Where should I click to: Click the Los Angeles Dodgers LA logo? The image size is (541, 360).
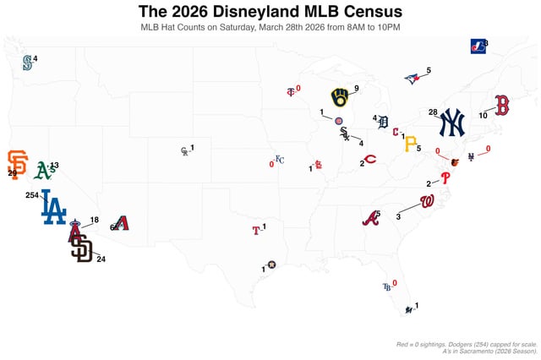pos(53,207)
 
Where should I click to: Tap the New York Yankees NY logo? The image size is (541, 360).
pos(451,123)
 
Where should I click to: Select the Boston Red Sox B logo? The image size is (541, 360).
pos(501,106)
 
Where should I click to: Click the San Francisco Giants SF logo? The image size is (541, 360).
pos(17,164)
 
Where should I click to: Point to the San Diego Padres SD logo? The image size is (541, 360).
pos(81,248)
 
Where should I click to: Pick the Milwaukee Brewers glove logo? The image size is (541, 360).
pos(340,98)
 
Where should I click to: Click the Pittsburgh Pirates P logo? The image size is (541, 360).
pos(410,145)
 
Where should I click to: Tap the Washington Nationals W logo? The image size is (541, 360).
pos(427,201)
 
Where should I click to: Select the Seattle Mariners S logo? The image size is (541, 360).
pos(27,63)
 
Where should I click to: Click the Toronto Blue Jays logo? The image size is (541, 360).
pos(412,79)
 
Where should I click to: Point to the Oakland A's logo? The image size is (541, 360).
pos(44,171)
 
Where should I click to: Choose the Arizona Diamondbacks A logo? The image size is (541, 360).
pos(122,223)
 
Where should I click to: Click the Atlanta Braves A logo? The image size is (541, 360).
pos(370,218)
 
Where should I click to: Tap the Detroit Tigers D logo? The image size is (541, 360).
pos(383,123)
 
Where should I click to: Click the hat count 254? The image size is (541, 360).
pos(32,194)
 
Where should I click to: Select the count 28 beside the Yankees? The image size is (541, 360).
pos(433,112)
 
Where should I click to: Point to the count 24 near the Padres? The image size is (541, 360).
pos(101,259)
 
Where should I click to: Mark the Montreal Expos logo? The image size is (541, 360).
pos(478,46)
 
